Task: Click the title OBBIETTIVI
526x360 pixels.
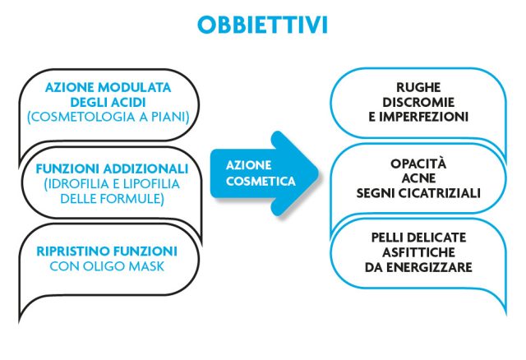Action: [x=262, y=25]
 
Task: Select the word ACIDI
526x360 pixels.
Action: [x=129, y=103]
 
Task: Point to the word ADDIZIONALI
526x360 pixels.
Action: [x=145, y=168]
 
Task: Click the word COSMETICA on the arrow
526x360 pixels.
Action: [x=261, y=181]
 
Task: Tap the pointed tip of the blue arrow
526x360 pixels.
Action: [x=318, y=173]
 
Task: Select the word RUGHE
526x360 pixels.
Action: [x=418, y=88]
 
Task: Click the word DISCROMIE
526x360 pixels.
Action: [x=418, y=103]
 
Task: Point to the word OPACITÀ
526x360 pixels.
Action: [x=418, y=164]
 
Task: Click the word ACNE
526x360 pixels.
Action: [x=418, y=178]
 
